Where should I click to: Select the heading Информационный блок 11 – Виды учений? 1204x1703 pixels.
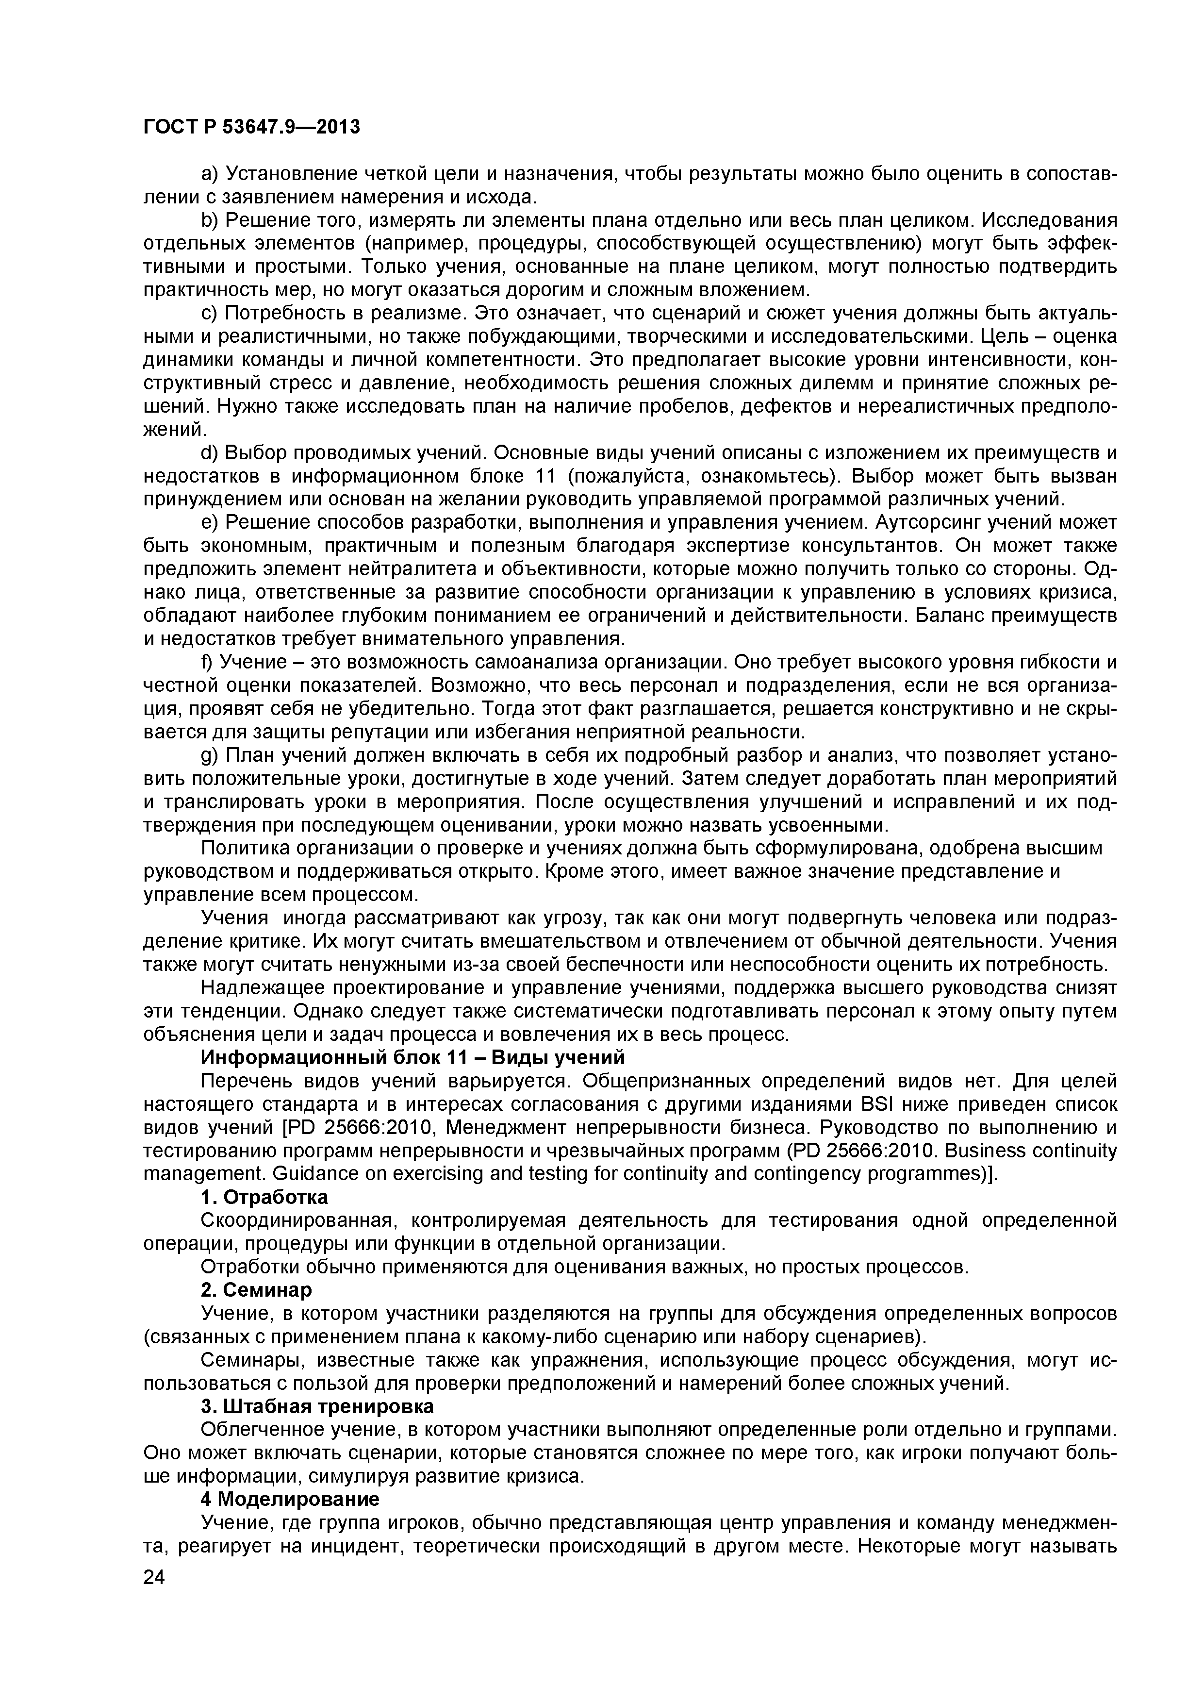tap(413, 1057)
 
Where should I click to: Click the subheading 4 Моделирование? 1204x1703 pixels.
tap(290, 1499)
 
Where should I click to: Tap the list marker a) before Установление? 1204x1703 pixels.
tap(209, 174)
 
